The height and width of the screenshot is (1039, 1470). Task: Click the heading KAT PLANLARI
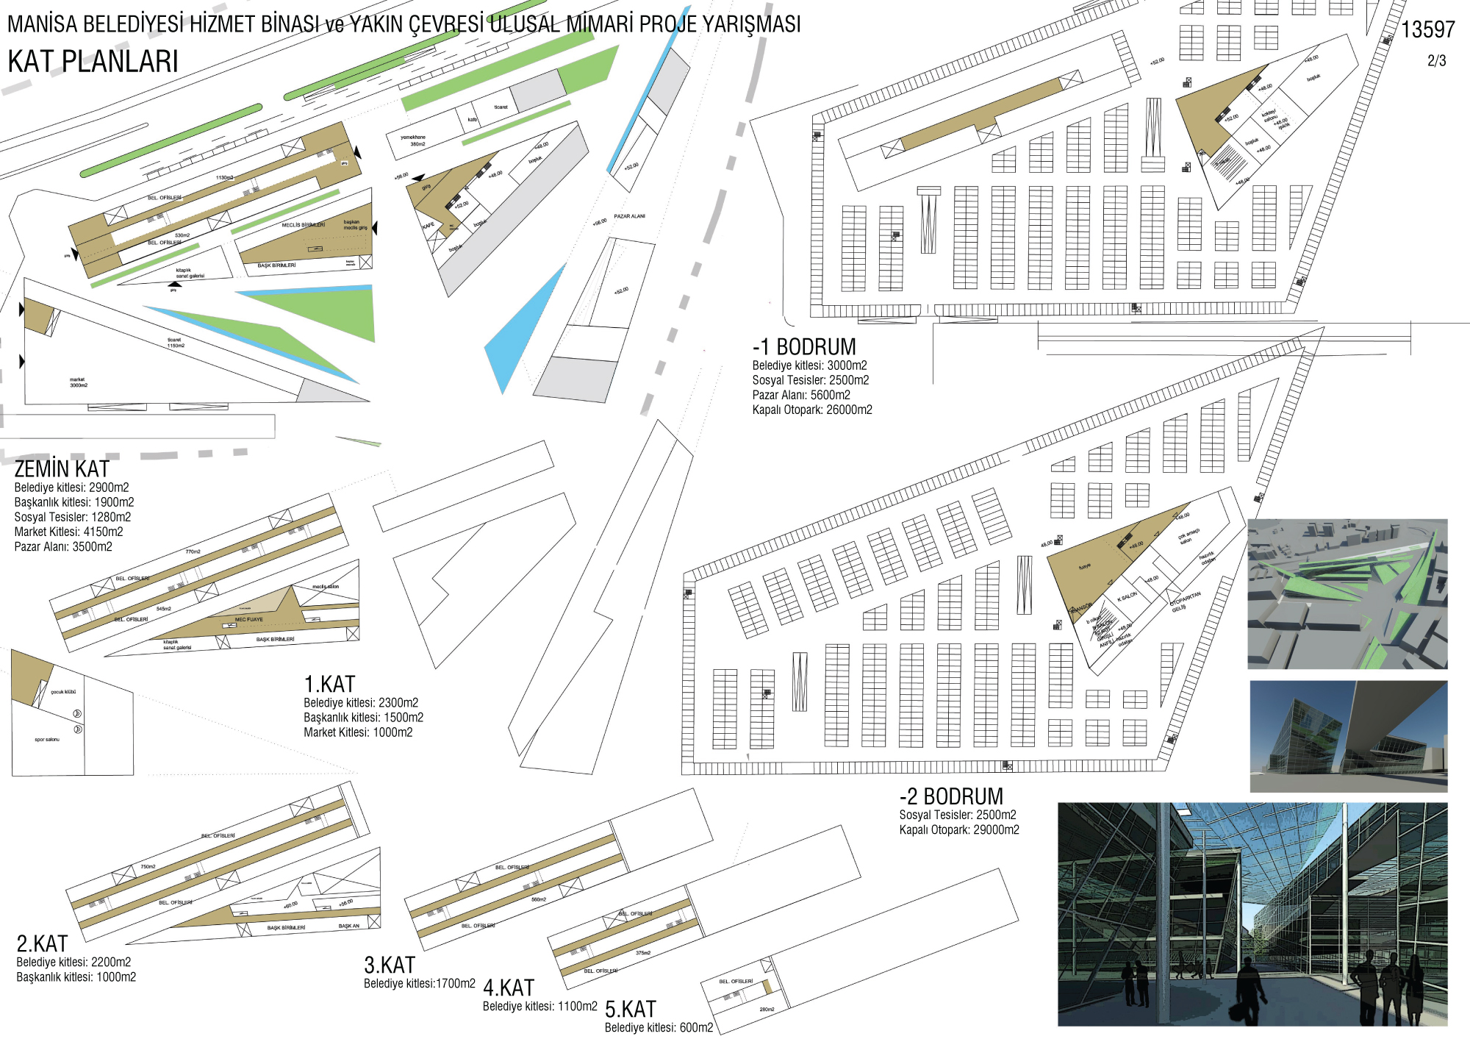(x=93, y=62)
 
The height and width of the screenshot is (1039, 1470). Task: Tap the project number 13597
(x=1427, y=30)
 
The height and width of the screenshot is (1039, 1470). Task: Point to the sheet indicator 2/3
(x=1436, y=61)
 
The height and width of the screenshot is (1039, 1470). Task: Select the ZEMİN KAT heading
(x=62, y=469)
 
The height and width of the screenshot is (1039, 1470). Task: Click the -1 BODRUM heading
(x=804, y=347)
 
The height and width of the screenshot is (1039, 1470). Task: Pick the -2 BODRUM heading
(x=951, y=797)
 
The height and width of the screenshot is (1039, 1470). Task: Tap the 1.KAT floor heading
(x=329, y=685)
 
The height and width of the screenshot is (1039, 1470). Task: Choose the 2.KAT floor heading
(x=42, y=944)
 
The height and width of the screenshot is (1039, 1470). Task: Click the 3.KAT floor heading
(x=390, y=965)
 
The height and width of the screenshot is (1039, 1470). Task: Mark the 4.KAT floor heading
(x=509, y=988)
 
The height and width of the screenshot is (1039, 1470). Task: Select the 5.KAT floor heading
(x=630, y=1010)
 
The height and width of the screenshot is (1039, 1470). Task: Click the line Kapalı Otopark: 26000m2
(x=812, y=410)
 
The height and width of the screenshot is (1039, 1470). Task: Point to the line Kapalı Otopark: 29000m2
(x=959, y=830)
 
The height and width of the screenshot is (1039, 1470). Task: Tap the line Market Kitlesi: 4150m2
(x=68, y=532)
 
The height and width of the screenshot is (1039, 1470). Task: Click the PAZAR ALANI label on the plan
(x=629, y=216)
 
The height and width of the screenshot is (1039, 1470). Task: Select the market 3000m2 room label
(x=79, y=382)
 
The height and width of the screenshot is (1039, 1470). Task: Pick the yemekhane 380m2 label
(x=413, y=140)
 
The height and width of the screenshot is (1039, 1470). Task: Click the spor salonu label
(x=47, y=740)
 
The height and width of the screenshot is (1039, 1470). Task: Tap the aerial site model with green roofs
(x=1347, y=594)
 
